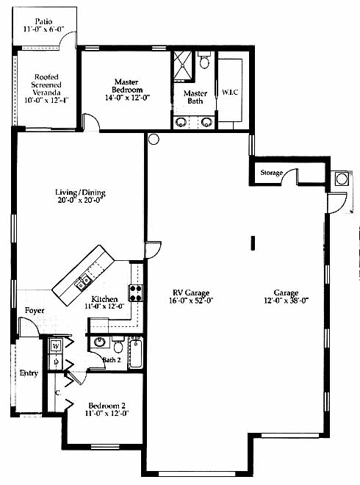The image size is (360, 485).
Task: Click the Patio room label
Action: click(x=43, y=21)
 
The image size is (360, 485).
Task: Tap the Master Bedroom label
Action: click(x=127, y=86)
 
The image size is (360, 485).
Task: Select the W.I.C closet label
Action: click(x=230, y=92)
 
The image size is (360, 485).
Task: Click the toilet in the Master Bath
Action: click(x=204, y=60)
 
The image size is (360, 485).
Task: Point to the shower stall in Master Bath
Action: click(x=183, y=66)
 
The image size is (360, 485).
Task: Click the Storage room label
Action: click(x=272, y=173)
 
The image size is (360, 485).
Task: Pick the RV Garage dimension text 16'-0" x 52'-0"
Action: click(x=191, y=301)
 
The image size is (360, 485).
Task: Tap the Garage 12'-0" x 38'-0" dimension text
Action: click(x=287, y=301)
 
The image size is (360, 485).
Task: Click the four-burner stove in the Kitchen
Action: click(x=135, y=293)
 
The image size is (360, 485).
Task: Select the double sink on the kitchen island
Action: click(x=84, y=282)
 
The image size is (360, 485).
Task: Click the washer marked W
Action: click(x=56, y=346)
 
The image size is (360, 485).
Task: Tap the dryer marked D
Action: click(x=56, y=362)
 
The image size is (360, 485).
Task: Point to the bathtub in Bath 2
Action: click(x=135, y=353)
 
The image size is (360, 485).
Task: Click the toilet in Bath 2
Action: click(x=118, y=345)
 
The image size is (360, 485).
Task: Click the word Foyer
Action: click(x=35, y=310)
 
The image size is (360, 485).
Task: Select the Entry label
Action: click(x=29, y=373)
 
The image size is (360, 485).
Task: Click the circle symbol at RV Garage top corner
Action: click(x=154, y=139)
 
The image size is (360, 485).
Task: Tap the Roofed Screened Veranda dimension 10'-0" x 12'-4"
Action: click(x=46, y=100)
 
